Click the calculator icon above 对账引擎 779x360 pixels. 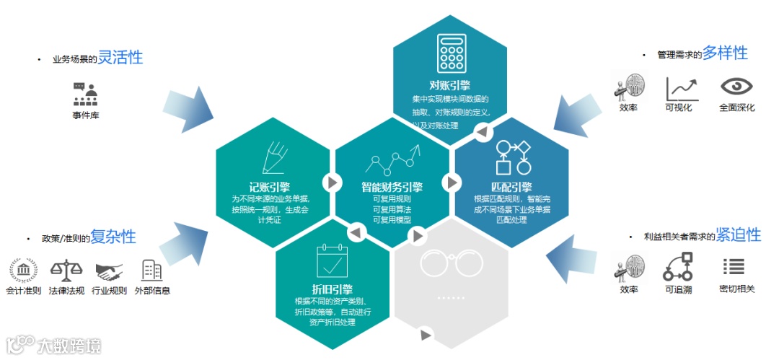tap(450, 54)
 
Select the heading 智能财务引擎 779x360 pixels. tap(392, 188)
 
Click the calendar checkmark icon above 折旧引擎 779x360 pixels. tap(332, 261)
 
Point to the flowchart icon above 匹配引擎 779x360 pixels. tap(512, 157)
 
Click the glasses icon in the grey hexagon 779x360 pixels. tap(451, 263)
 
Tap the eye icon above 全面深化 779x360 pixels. tap(736, 87)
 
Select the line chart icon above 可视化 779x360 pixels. tap(682, 88)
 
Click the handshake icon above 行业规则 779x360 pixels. tap(109, 271)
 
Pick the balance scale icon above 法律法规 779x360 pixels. tap(67, 271)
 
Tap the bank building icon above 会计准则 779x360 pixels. tap(25, 271)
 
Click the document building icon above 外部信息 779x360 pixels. tap(152, 271)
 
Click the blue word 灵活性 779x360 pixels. tap(120, 58)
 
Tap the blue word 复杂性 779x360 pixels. tap(113, 237)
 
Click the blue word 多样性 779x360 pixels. tap(725, 53)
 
